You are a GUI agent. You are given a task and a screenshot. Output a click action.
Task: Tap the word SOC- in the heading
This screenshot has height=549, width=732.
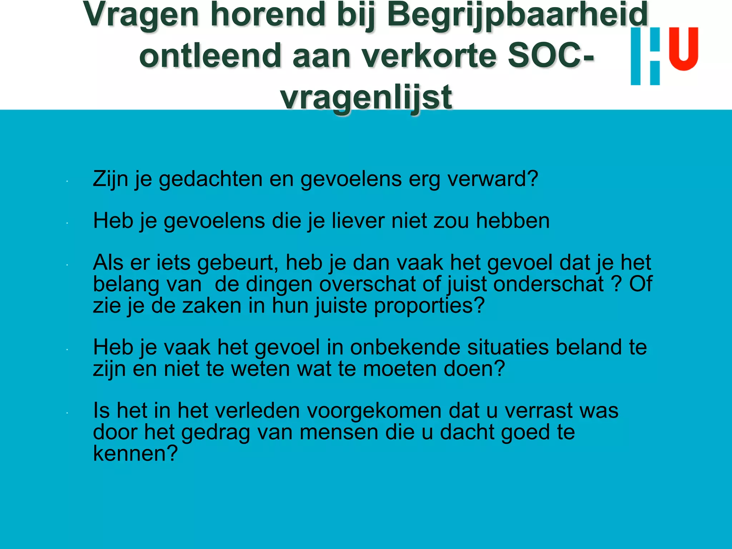click(551, 55)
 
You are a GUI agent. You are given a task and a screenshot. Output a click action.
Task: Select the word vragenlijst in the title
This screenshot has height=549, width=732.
click(366, 97)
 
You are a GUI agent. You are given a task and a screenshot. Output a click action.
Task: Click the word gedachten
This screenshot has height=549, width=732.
click(211, 178)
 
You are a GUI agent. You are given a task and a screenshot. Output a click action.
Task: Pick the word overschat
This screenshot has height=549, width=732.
click(367, 284)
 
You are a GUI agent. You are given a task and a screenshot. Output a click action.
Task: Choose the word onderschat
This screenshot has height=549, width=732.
click(549, 284)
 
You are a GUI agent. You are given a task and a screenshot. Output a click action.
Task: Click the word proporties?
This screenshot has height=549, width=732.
click(429, 306)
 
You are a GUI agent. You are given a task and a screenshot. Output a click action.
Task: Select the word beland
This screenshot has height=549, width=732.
click(589, 347)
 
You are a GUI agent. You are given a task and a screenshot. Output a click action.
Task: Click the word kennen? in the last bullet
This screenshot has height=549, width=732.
click(135, 453)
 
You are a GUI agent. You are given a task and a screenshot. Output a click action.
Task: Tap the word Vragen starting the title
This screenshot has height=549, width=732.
click(141, 15)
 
